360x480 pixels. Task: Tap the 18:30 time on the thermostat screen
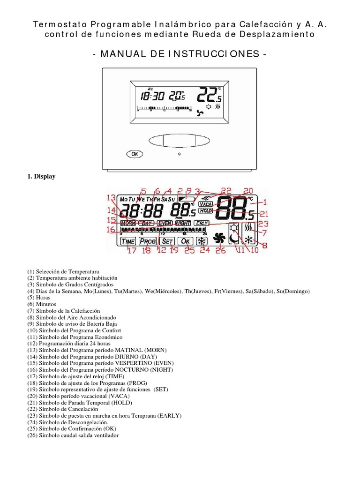click(152, 97)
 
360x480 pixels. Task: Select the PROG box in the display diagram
click(148, 241)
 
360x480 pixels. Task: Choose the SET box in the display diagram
click(167, 241)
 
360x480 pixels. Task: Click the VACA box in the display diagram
click(205, 204)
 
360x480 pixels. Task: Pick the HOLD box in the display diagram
click(205, 211)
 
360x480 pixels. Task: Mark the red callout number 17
click(132, 250)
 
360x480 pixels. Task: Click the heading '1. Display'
click(41, 177)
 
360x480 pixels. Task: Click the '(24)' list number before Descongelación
click(32, 422)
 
